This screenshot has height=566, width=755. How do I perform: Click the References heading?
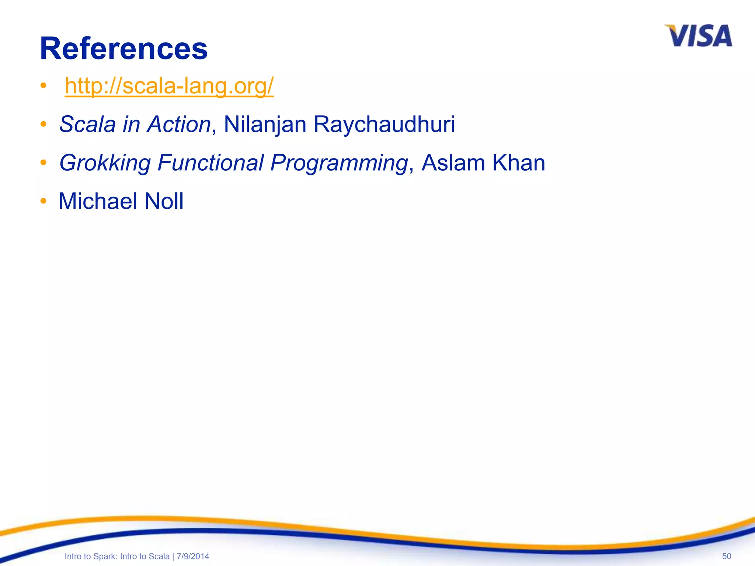point(123,49)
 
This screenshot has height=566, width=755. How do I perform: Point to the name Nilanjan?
point(265,124)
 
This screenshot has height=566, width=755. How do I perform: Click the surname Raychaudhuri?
point(384,124)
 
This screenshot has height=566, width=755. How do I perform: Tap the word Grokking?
point(105,163)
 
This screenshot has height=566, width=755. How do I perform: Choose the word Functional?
point(211,163)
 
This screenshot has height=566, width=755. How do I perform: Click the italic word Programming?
point(338,163)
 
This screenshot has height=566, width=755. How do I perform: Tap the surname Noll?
point(164,201)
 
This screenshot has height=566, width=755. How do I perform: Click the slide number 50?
point(726,556)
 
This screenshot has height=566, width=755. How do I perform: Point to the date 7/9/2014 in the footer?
point(193,556)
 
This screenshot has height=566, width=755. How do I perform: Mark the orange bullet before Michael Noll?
point(44,201)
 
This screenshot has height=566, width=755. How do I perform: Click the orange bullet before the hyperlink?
point(44,86)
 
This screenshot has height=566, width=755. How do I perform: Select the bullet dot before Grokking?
point(44,163)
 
